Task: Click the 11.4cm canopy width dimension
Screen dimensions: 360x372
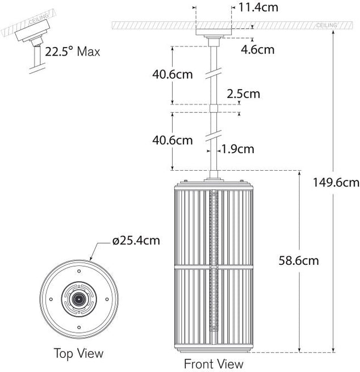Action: point(258,7)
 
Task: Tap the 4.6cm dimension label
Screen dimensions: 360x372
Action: point(258,49)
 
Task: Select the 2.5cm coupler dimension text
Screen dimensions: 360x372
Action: point(244,94)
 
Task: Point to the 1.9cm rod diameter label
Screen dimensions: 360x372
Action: point(237,149)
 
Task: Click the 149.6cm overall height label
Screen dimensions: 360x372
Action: point(336,183)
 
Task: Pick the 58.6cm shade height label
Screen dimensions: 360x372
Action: point(299,260)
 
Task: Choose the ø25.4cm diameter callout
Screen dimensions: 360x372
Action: point(136,240)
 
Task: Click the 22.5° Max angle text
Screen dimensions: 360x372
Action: point(73,52)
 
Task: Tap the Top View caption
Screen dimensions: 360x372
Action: point(79,353)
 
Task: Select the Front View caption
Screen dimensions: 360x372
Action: point(214,364)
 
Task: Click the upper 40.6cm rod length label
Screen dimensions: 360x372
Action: point(173,74)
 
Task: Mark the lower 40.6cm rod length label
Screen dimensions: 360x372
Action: point(173,140)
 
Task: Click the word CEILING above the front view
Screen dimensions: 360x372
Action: point(326,25)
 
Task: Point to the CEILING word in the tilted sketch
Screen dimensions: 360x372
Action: point(38,19)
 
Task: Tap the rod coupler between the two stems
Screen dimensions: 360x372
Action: point(214,108)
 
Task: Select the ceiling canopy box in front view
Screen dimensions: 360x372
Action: point(214,32)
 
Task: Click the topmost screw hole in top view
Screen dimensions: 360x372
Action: point(79,271)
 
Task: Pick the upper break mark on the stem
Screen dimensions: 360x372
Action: point(214,73)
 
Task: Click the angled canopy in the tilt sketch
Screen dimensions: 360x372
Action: point(32,31)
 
